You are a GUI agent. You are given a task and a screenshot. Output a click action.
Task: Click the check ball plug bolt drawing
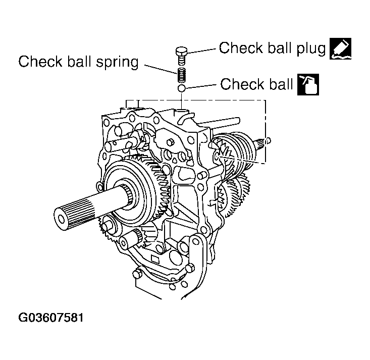click(x=181, y=52)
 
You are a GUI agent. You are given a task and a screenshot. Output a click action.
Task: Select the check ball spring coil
click(x=181, y=76)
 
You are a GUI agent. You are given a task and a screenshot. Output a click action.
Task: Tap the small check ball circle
click(x=182, y=89)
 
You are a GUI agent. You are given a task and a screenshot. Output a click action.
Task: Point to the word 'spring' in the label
click(x=114, y=62)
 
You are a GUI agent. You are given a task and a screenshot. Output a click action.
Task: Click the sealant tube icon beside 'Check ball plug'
click(x=340, y=49)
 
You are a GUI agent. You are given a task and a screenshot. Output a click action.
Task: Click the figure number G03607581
click(x=51, y=318)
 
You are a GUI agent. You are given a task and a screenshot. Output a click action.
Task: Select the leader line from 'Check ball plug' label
click(x=202, y=49)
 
